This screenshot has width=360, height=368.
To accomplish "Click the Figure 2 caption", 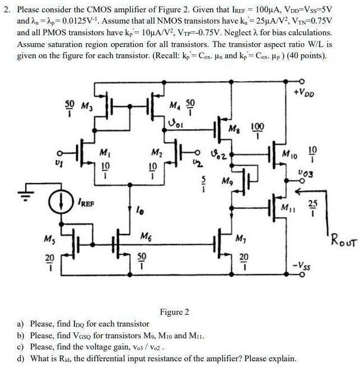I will coord(174,311).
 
